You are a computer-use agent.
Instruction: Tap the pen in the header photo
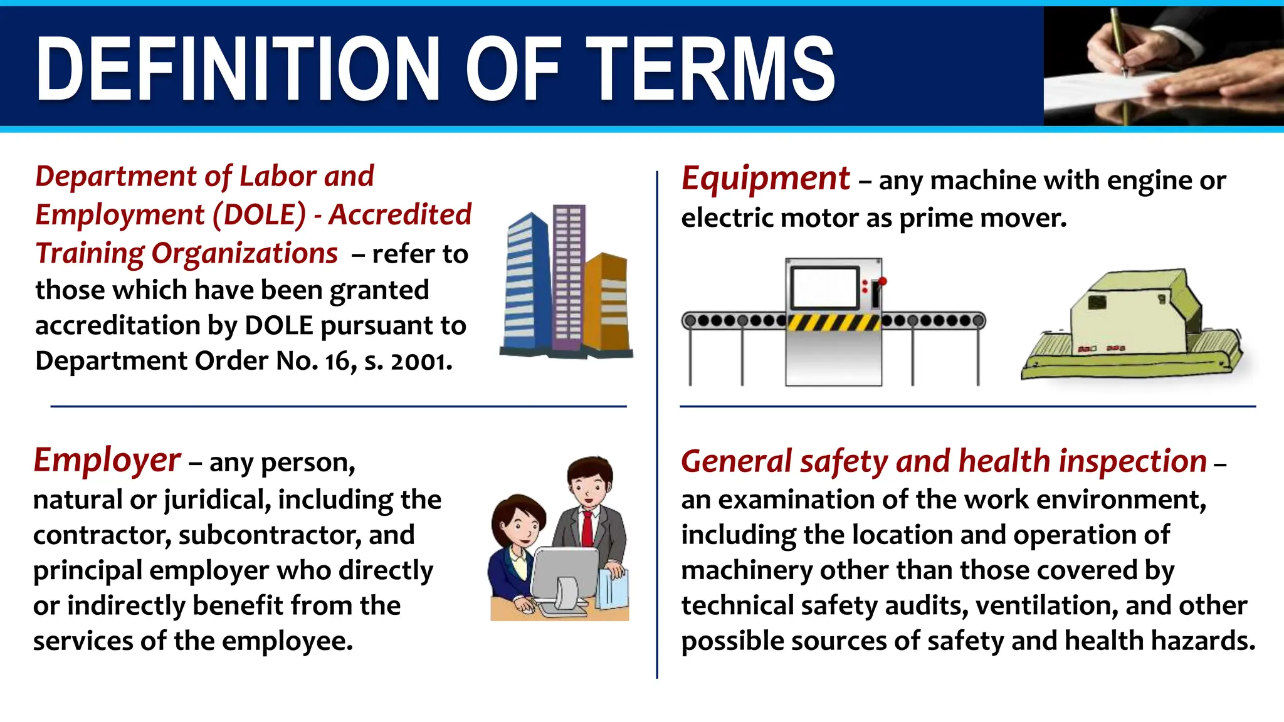pos(1119,44)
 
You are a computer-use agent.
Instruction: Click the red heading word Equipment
pos(766,179)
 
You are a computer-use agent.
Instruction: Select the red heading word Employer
pos(107,461)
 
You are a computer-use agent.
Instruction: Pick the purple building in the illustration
pos(568,276)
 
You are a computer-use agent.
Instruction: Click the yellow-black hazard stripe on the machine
pos(834,323)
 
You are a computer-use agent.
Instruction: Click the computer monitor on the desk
pos(564,577)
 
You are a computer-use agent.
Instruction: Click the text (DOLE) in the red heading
pos(259,215)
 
